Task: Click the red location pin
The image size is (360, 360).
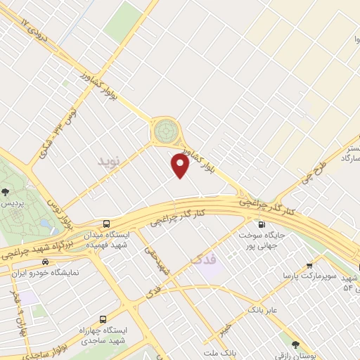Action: pyautogui.click(x=181, y=166)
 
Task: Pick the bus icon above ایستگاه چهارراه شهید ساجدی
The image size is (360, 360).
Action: pyautogui.click(x=103, y=319)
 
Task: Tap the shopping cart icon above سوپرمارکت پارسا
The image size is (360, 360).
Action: pyautogui.click(x=309, y=265)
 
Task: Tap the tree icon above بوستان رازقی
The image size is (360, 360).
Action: pyautogui.click(x=295, y=344)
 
